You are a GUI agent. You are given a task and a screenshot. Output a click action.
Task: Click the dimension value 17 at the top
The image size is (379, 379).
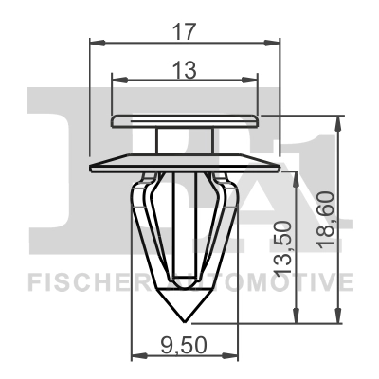click(186, 30)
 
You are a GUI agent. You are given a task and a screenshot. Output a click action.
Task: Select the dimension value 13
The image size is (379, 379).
click(186, 69)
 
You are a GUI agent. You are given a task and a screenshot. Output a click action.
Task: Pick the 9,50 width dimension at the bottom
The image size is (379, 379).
click(182, 344)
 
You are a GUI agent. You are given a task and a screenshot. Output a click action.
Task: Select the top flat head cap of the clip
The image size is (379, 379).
click(186, 119)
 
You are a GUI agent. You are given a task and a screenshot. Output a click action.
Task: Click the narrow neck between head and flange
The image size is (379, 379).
click(186, 138)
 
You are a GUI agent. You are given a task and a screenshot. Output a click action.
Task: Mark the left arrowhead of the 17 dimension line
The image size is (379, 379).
click(96, 43)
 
